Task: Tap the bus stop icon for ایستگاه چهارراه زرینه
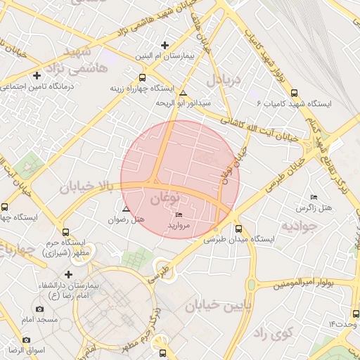(143, 78)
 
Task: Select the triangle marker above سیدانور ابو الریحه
(184, 94)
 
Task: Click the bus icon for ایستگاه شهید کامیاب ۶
(294, 92)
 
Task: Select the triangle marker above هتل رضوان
(126, 209)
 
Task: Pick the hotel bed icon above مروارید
(179, 215)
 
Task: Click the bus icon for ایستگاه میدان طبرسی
(238, 228)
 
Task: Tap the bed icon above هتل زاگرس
(313, 197)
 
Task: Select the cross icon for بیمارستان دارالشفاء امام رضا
(68, 274)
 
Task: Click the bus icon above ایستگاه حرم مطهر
(66, 231)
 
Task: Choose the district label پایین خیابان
(217, 306)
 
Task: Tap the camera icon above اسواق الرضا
(26, 340)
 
